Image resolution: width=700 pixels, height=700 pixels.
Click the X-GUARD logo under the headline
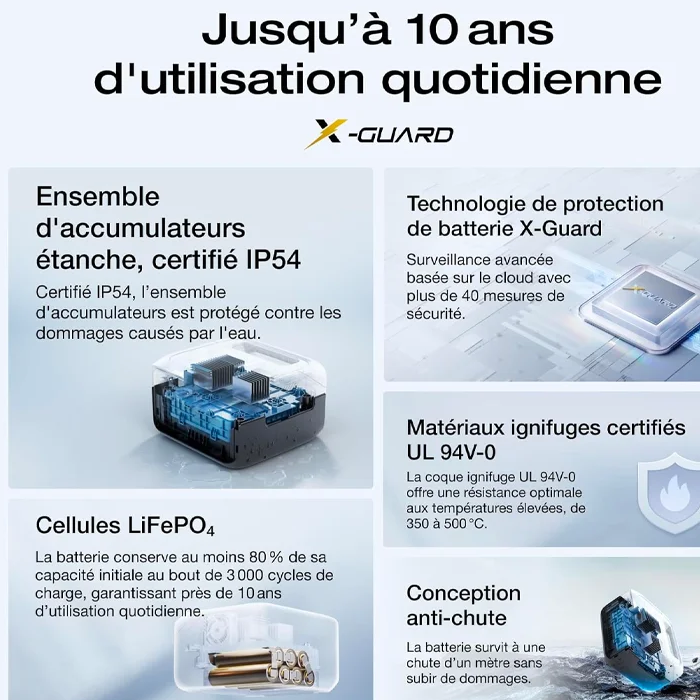click(x=379, y=133)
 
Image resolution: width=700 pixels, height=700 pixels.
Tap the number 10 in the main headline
click(x=428, y=30)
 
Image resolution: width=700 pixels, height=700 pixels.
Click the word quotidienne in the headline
click(x=522, y=80)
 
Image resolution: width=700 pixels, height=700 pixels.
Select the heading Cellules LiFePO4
click(x=125, y=525)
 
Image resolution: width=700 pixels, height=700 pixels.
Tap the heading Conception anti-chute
click(x=463, y=606)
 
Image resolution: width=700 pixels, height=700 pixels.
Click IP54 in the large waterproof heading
click(x=273, y=260)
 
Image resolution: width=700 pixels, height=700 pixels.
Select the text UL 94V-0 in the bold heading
click(x=451, y=453)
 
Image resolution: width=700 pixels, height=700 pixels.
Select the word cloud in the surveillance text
click(x=506, y=278)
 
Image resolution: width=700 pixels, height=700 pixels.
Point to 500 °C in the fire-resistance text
click(x=463, y=523)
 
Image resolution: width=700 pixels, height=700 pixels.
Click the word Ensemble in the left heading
click(x=97, y=196)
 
